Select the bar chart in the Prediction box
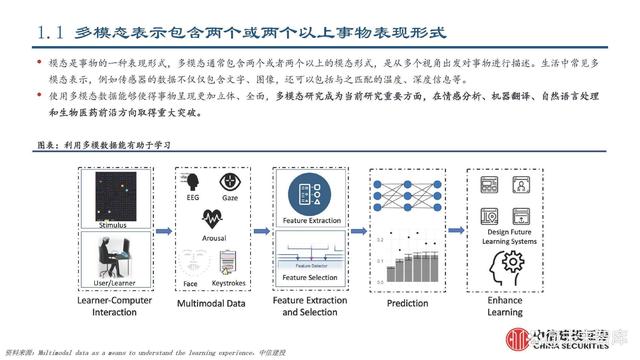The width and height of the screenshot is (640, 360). point(417,261)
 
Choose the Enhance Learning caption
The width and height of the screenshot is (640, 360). point(505,305)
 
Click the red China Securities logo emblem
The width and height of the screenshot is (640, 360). point(518,338)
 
